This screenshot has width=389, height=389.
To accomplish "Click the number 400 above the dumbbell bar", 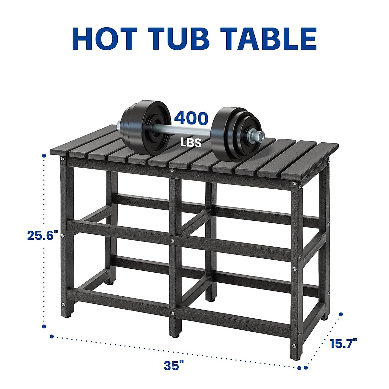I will (x=191, y=118).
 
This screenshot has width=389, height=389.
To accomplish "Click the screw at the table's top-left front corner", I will (x=62, y=159).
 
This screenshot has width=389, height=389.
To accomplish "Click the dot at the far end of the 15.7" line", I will (x=341, y=314).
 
